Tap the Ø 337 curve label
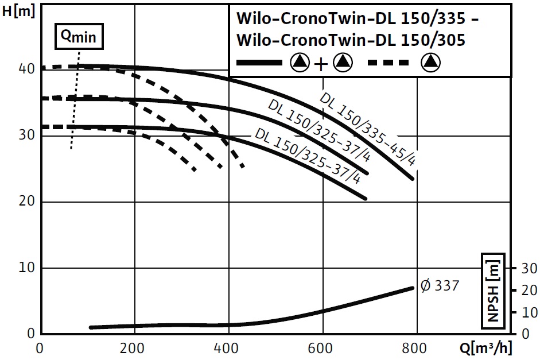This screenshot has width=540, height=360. (440, 285)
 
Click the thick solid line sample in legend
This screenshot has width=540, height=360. (259, 63)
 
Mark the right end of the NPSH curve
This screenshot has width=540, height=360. (411, 288)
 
